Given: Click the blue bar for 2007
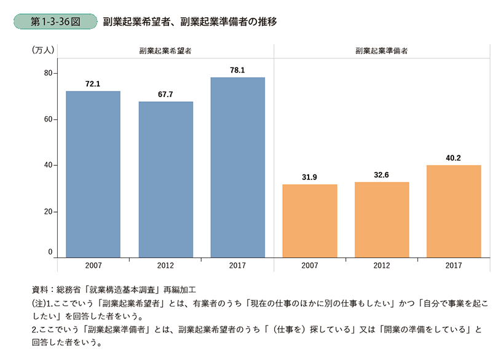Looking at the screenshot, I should [93, 174].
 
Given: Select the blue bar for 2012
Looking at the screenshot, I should [165, 179].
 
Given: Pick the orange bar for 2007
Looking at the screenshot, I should [310, 221].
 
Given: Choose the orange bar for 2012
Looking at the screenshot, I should [382, 219].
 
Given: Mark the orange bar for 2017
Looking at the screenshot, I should [454, 211].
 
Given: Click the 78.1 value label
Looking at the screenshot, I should [237, 71].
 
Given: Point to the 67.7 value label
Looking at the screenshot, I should [165, 95].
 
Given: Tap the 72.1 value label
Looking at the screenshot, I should [93, 84].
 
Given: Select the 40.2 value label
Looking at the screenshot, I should [454, 158].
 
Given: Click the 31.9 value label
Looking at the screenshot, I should [310, 178].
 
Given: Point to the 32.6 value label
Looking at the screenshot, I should [382, 176].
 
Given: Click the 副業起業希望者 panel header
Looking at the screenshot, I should [165, 52].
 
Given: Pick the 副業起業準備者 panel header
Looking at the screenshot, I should [382, 52].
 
